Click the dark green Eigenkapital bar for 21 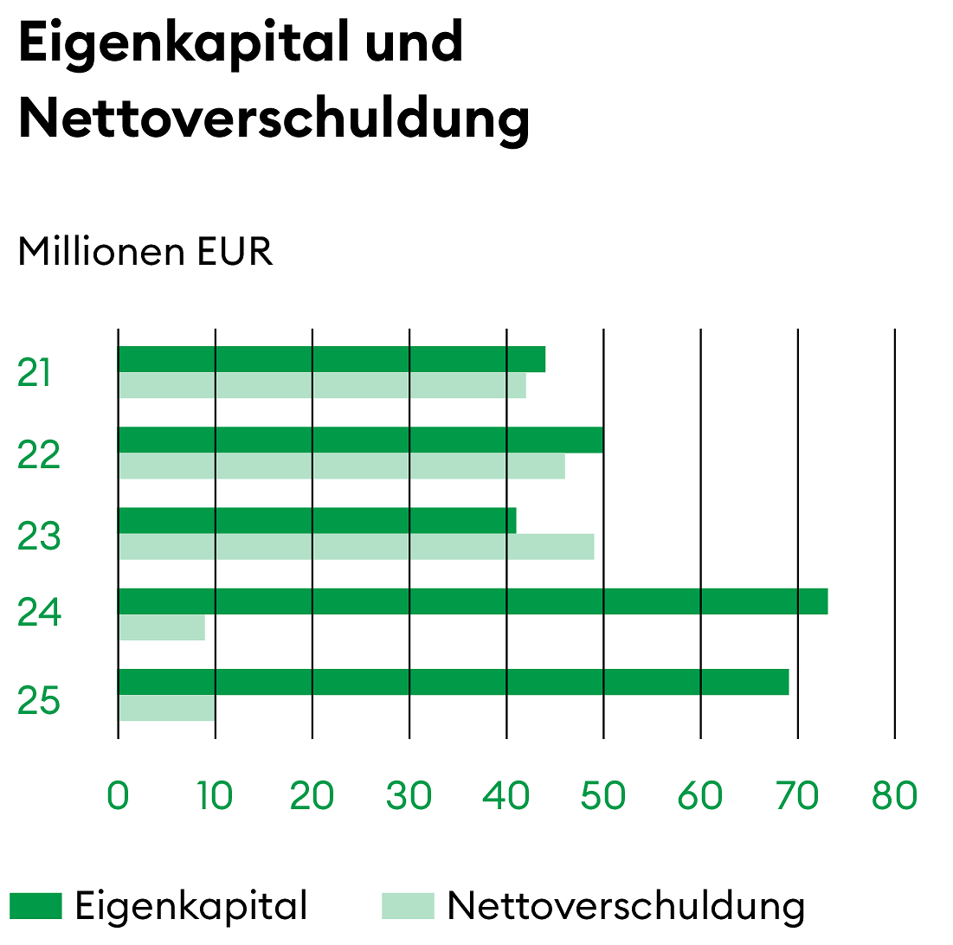click(332, 359)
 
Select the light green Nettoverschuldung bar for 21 click(322, 386)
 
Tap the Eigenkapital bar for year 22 click(360, 440)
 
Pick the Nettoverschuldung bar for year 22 click(341, 466)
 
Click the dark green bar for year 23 click(317, 520)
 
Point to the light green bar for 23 click(356, 547)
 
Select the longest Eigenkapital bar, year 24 click(473, 601)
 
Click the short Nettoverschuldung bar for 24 click(162, 627)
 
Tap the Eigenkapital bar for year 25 click(453, 682)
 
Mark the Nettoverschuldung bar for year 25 click(166, 708)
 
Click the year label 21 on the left click(35, 374)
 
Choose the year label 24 click(39, 614)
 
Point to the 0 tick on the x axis click(118, 796)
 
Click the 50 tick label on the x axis click(602, 796)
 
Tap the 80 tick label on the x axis click(894, 796)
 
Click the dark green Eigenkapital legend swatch click(36, 906)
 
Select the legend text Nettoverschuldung click(626, 906)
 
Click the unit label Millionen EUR click(145, 252)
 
